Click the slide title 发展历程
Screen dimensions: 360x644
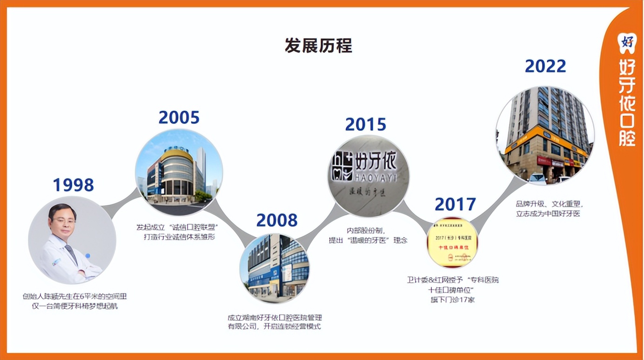pos(318,46)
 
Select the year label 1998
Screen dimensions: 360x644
pos(73,185)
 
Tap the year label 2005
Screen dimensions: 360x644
pos(179,117)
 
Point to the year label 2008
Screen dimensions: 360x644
pos(276,220)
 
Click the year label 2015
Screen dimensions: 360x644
pos(365,124)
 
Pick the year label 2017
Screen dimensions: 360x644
pos(455,204)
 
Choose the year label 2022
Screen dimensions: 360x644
pos(545,66)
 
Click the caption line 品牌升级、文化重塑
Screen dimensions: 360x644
pos(549,204)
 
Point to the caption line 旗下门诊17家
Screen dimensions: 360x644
pos(453,300)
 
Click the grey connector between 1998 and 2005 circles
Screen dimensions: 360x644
pos(122,201)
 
